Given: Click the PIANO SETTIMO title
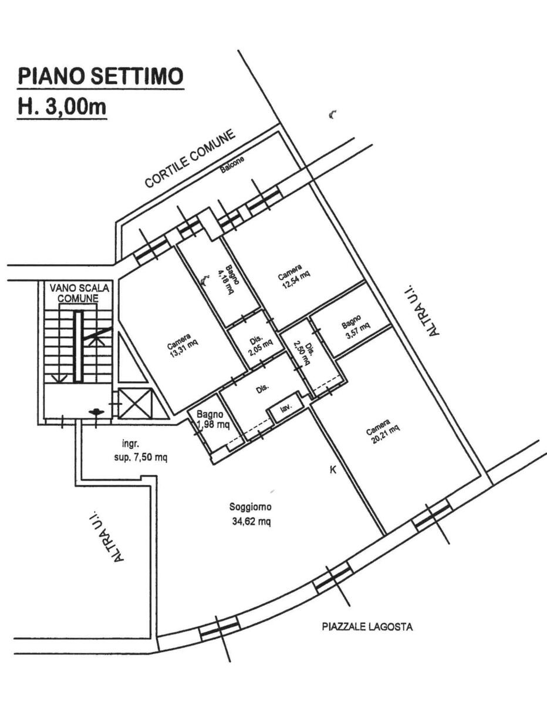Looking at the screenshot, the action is (101, 76).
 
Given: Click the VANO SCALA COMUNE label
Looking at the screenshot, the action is (79, 293).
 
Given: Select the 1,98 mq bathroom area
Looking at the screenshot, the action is (213, 425).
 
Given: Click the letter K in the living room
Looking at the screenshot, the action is (332, 469).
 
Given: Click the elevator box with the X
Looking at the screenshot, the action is (135, 402).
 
